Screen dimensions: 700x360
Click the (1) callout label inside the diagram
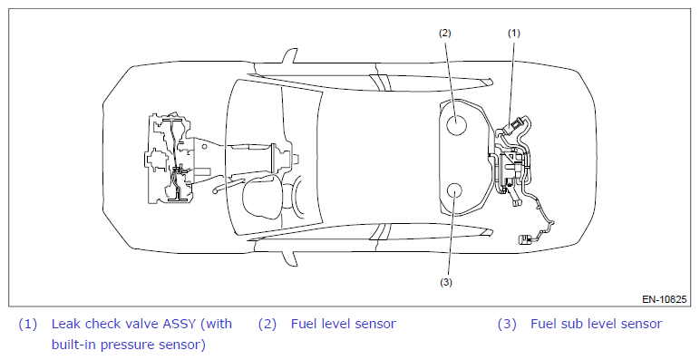point(514,33)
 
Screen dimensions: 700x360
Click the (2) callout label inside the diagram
point(444,33)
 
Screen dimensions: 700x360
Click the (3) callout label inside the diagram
point(445,282)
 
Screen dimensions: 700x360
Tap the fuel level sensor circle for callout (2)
point(456,123)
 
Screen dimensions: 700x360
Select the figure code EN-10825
point(665,299)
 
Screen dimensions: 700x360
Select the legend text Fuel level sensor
point(344,324)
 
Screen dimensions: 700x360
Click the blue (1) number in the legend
point(28,324)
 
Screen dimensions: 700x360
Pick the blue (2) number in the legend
point(267,324)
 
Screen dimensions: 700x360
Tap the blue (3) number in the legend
point(507,324)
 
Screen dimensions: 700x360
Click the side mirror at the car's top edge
point(289,56)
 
